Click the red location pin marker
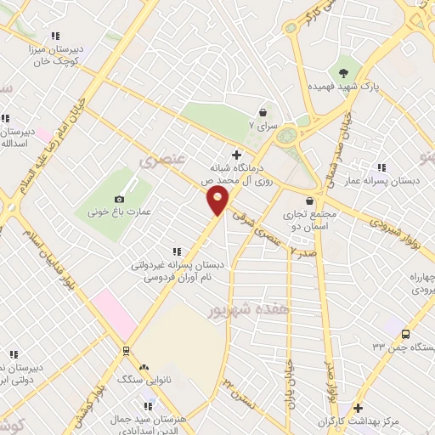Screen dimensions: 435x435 pyautogui.click(x=218, y=201)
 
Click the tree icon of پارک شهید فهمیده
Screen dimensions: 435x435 pyautogui.click(x=343, y=73)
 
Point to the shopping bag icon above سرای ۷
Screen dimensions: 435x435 pyautogui.click(x=263, y=112)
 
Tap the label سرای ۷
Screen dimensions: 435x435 pyautogui.click(x=263, y=126)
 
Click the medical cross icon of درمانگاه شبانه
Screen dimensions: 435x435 pyautogui.click(x=237, y=155)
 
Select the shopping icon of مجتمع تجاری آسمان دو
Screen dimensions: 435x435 pyautogui.click(x=310, y=201)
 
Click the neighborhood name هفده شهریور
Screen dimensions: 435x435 pyautogui.click(x=248, y=311)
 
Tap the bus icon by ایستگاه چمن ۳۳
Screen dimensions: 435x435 pyautogui.click(x=405, y=334)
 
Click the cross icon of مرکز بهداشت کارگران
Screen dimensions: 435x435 pyautogui.click(x=358, y=409)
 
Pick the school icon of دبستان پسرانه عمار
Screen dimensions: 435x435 pyautogui.click(x=381, y=167)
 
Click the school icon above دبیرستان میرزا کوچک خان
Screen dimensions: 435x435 pyautogui.click(x=54, y=36)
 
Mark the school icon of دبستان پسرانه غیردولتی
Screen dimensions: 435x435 pyautogui.click(x=177, y=251)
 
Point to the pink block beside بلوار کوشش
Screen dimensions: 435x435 pyautogui.click(x=113, y=312)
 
